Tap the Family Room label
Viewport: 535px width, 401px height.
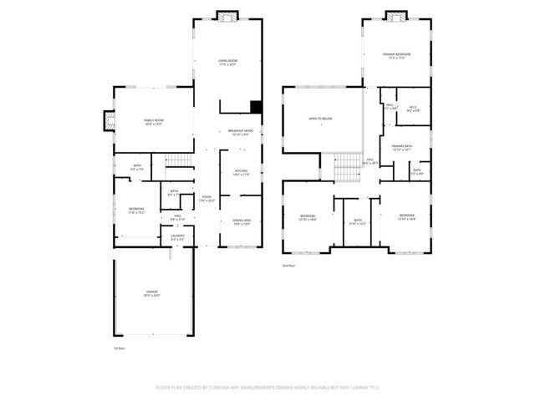154,121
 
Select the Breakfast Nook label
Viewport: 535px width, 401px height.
240,131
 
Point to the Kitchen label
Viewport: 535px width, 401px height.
241,172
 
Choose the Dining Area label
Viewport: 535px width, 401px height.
241,221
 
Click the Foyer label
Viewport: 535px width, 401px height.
206,197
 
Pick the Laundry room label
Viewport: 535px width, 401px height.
177,237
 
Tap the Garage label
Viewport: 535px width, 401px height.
151,292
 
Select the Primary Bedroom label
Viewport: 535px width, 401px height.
397,55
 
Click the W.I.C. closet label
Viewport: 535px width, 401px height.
413,107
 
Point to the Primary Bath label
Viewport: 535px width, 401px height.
402,147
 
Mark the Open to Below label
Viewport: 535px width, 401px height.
321,119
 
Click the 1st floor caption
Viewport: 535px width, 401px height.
119,348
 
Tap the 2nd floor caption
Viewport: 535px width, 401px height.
288,265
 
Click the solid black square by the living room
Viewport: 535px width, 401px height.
257,107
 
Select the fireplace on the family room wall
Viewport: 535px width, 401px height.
107,121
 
